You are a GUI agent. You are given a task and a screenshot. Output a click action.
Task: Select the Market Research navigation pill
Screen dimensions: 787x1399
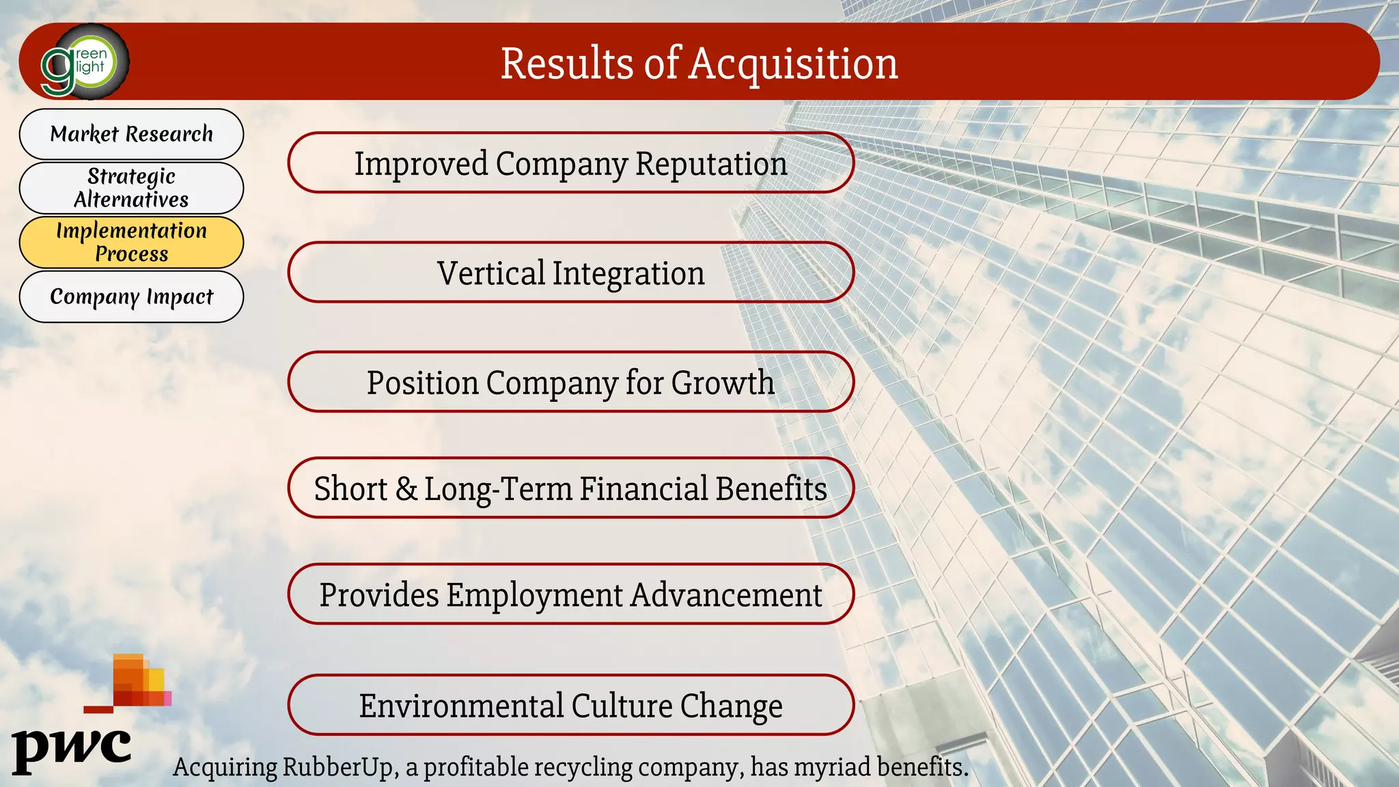click(131, 134)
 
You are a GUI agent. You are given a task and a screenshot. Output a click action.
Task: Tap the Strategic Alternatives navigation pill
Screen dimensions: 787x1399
click(131, 188)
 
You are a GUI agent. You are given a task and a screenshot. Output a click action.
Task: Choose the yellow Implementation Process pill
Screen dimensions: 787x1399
click(131, 242)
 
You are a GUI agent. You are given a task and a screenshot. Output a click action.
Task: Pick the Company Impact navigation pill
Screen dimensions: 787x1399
click(131, 296)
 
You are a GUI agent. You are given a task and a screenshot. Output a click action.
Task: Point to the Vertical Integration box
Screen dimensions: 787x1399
click(570, 273)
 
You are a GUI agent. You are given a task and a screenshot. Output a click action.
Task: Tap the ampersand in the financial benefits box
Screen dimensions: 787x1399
click(406, 489)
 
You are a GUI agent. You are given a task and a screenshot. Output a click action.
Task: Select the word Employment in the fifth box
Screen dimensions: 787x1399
click(534, 595)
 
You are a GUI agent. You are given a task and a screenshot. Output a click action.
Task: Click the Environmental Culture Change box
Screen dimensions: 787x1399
click(570, 706)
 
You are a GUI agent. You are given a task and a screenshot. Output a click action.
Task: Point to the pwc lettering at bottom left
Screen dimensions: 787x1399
click(72, 749)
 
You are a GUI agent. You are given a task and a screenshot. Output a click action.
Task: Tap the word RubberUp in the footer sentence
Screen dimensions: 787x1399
click(340, 767)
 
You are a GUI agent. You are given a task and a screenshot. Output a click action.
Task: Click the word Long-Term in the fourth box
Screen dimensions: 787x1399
click(499, 489)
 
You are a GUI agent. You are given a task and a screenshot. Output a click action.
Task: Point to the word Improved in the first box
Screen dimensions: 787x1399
click(421, 164)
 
